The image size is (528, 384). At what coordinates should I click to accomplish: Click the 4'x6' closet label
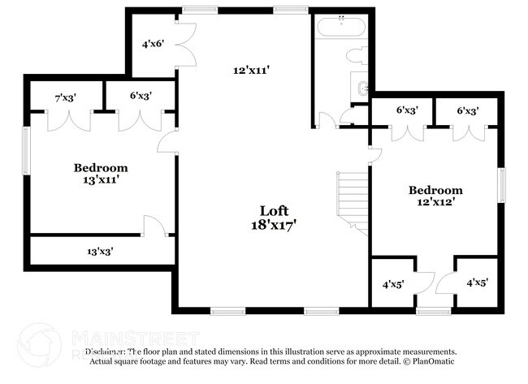[x=153, y=45]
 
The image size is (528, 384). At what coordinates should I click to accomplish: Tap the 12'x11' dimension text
[x=251, y=71]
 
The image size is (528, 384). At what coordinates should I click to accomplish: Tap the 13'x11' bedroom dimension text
[x=100, y=180]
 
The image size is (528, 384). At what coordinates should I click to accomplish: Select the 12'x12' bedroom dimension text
[x=435, y=203]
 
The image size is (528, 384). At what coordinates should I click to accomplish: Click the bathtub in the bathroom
[x=342, y=27]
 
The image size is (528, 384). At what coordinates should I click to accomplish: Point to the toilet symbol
[x=358, y=58]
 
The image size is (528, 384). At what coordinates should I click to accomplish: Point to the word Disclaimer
[x=110, y=352]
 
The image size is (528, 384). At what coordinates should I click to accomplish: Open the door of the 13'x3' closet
[x=154, y=227]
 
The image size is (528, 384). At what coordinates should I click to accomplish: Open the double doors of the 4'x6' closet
[x=187, y=45]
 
